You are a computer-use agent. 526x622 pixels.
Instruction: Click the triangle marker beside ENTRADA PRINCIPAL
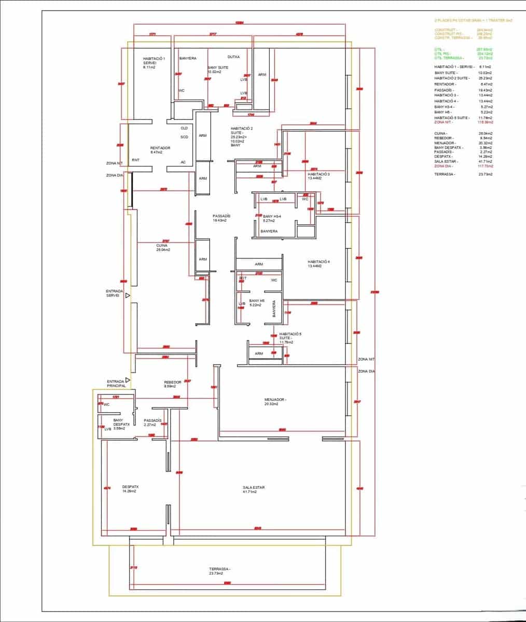[128, 380]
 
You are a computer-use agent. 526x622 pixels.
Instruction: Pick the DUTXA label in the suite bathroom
[233, 57]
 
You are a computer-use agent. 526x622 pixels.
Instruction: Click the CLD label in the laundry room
[184, 128]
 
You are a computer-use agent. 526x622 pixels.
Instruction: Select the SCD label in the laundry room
[184, 137]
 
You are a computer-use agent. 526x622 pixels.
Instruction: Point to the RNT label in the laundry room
[135, 160]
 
